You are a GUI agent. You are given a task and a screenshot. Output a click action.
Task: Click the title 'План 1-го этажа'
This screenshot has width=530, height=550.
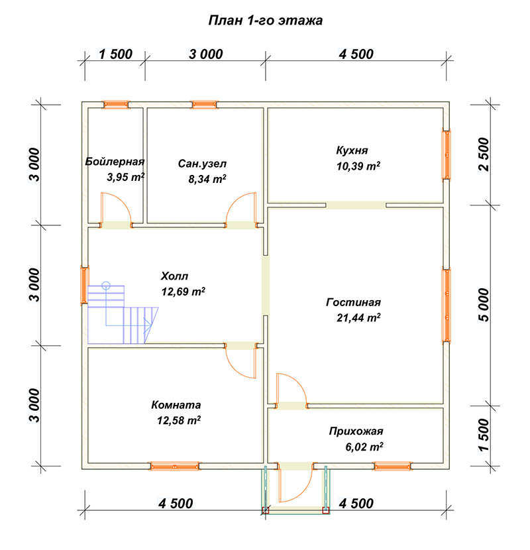266,21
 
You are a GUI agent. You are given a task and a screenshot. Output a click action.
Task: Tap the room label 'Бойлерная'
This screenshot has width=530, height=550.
115,161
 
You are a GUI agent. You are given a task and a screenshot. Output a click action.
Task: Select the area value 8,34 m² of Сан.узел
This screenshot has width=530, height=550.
207,179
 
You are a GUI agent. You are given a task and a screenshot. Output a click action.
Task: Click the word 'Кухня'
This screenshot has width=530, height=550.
352,150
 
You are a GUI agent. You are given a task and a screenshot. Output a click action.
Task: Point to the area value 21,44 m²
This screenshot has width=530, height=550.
358,317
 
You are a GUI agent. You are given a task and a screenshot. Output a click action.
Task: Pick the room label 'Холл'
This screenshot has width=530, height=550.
174,276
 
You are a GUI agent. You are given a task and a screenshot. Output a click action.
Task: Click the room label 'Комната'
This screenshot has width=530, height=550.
176,405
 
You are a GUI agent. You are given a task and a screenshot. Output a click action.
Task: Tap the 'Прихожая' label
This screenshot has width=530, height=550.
356,431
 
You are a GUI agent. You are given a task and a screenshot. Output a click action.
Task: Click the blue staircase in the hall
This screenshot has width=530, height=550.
123,314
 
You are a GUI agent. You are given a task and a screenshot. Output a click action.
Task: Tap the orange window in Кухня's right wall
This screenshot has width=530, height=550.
446,155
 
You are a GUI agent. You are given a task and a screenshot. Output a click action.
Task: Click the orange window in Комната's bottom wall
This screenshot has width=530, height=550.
175,466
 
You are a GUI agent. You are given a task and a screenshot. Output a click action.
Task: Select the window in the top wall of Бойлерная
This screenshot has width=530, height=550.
116,105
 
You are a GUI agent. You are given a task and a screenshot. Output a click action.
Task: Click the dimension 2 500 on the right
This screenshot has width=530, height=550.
483,154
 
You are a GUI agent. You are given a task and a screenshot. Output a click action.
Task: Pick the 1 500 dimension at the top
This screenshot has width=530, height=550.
115,54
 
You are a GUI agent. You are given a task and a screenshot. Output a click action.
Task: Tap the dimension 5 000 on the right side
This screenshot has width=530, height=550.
483,304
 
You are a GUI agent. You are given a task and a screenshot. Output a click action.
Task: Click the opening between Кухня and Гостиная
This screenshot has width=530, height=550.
356,205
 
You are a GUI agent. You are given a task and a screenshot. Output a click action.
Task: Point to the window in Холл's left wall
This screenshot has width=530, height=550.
85,286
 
